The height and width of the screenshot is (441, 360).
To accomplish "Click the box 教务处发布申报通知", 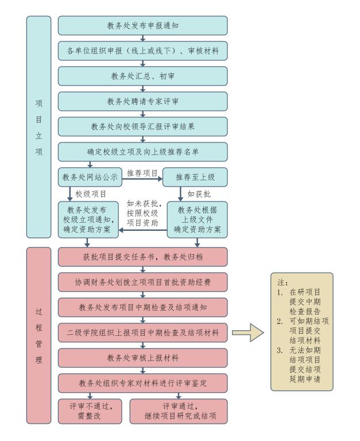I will point(142,26).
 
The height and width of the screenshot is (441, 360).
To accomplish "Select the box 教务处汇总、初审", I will point(142,76).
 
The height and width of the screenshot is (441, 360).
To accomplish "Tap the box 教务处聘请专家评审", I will point(142,102).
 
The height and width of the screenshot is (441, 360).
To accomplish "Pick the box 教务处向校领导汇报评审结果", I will point(142,127).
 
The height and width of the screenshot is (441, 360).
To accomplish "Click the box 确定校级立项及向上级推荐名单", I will point(142,152).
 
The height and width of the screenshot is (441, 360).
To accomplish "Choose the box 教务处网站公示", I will point(90,177).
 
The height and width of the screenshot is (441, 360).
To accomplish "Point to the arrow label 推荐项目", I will point(142,172).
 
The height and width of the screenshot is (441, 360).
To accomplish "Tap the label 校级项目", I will point(91,194).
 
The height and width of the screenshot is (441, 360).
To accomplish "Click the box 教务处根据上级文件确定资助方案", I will point(197,219).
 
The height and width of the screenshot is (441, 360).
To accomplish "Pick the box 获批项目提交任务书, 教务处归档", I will point(142,256).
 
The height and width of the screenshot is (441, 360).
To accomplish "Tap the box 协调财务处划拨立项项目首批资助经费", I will point(142,281).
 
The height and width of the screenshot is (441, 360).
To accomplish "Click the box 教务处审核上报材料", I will point(142,357).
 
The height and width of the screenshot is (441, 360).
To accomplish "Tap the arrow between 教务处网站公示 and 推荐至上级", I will point(142,179).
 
